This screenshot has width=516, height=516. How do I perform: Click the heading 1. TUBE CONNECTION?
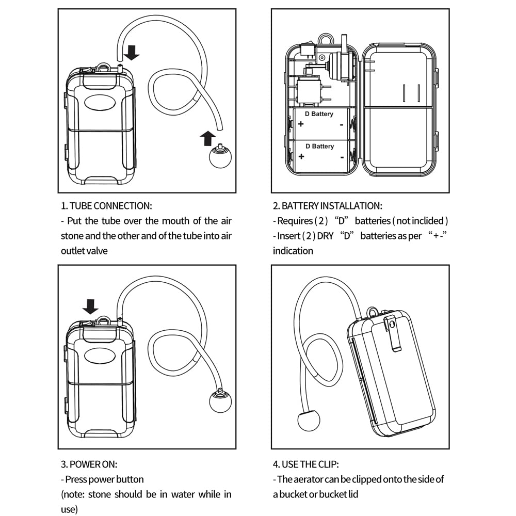point(107,206)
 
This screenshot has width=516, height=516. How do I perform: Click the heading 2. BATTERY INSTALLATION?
point(328,206)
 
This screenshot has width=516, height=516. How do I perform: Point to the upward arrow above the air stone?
point(207,138)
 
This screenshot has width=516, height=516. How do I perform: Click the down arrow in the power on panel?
point(91,307)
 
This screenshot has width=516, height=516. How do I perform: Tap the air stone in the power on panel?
point(220,401)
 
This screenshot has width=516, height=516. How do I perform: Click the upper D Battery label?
point(319,114)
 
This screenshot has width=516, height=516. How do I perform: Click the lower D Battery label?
point(319,147)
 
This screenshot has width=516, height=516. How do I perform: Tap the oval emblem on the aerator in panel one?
point(100,102)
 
